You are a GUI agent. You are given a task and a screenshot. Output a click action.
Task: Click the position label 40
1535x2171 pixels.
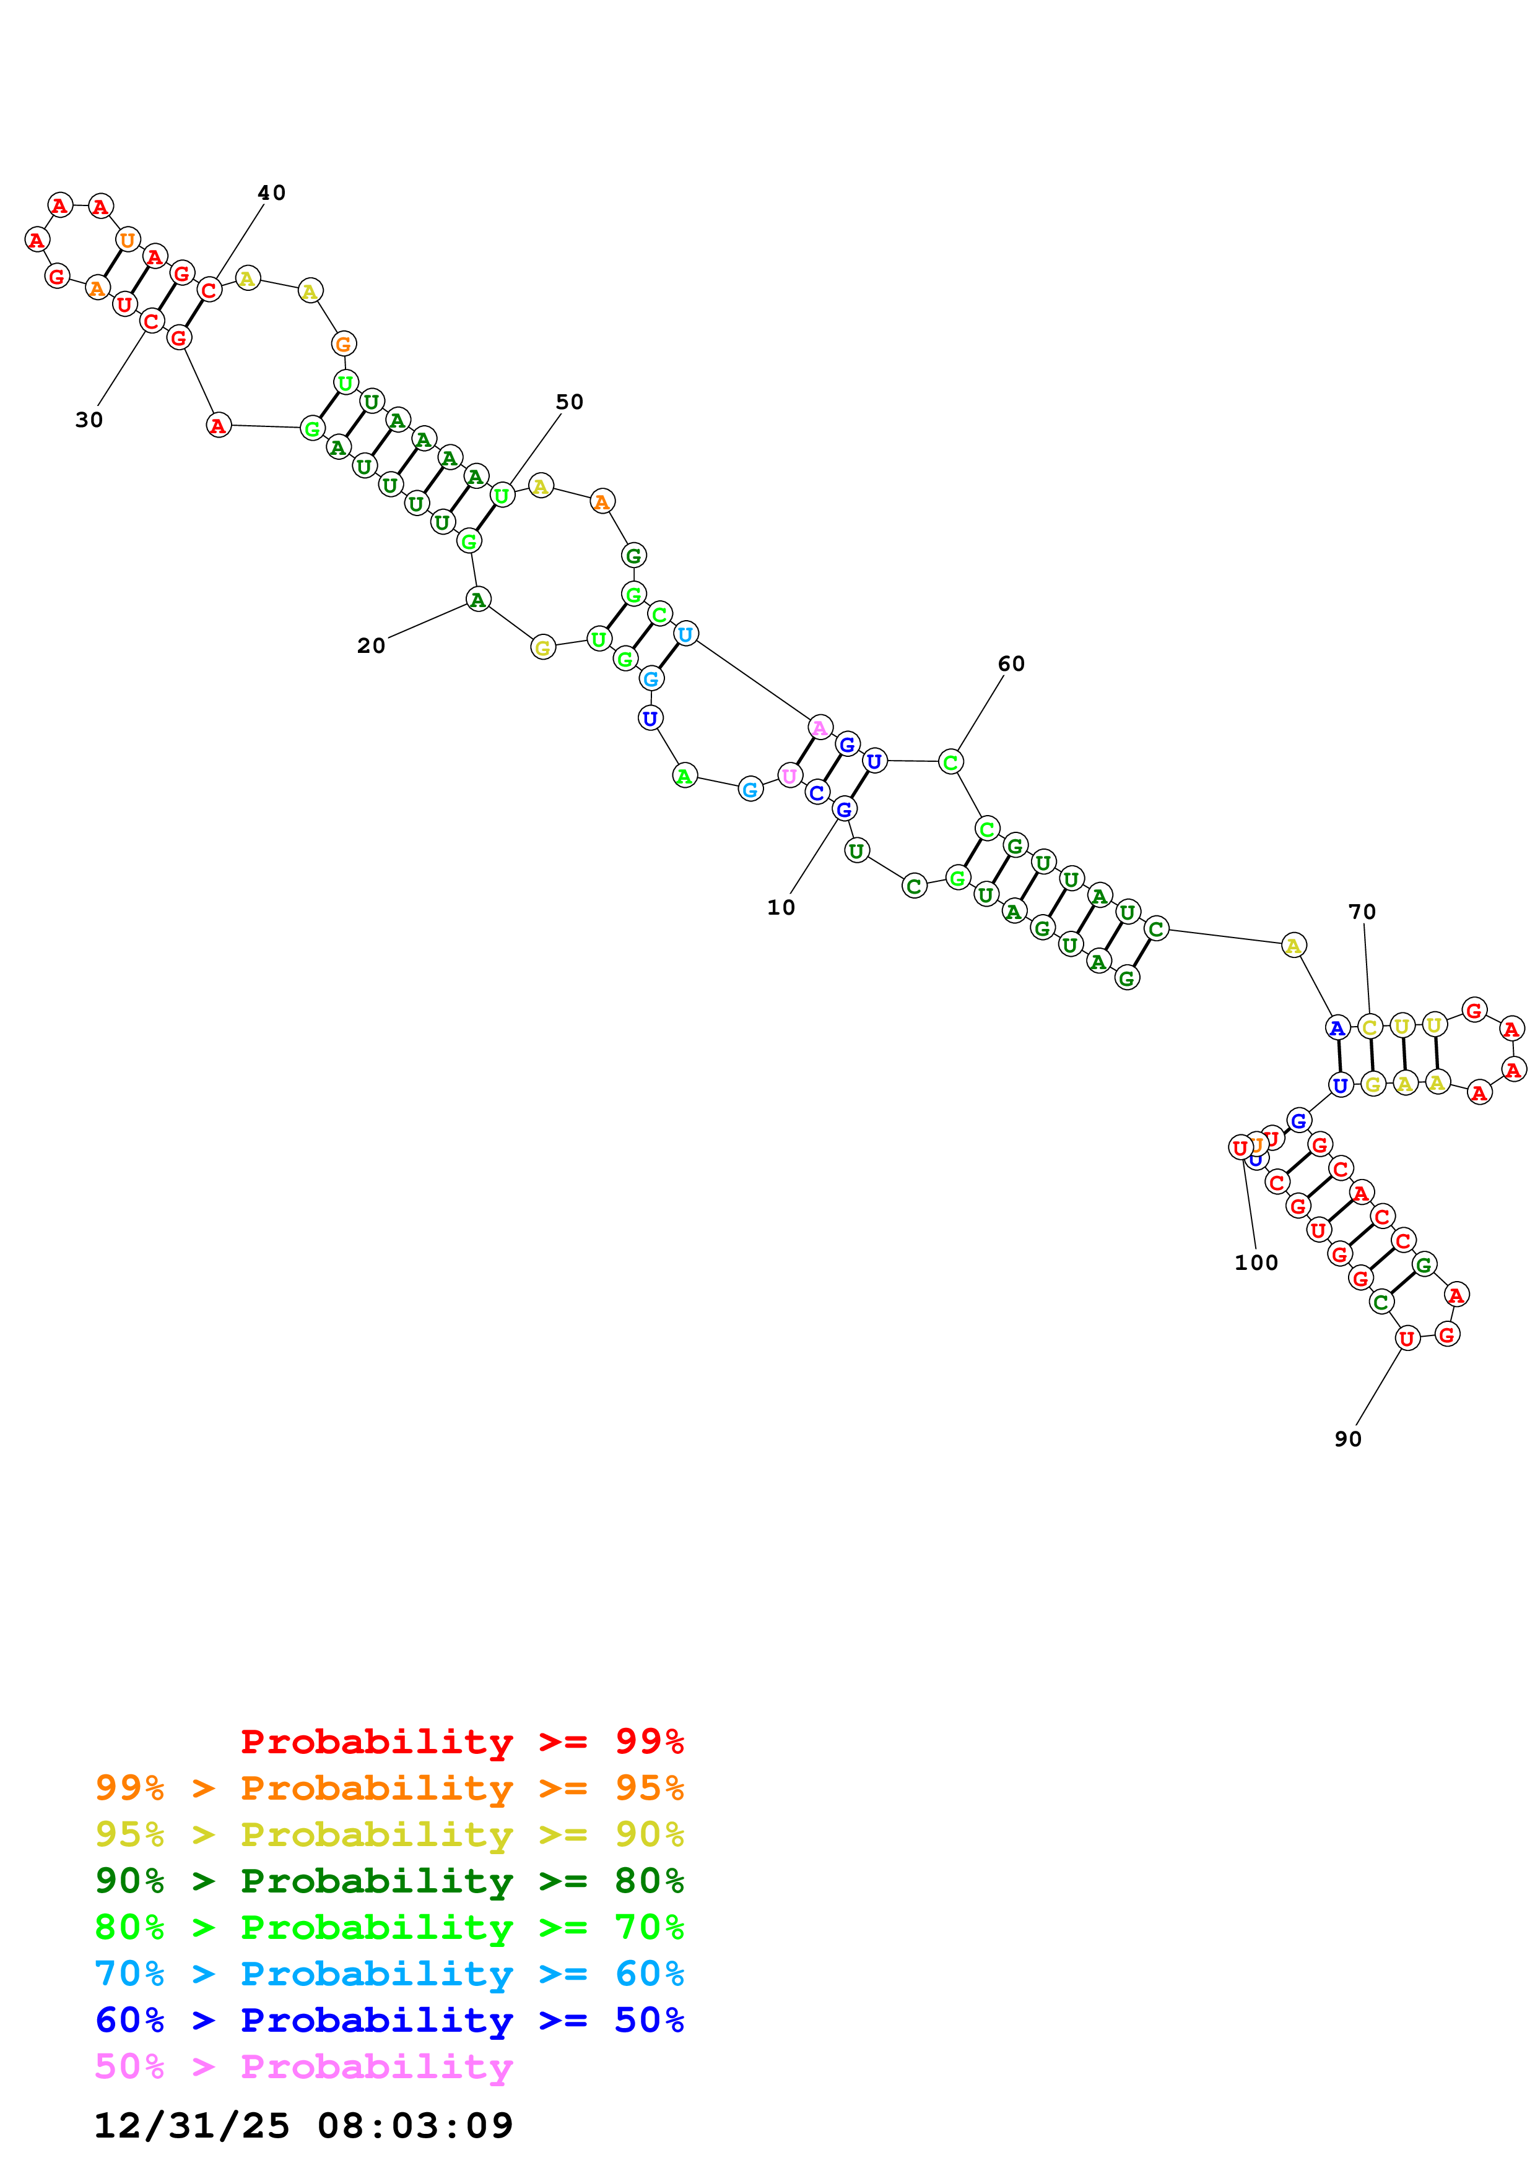[x=271, y=193]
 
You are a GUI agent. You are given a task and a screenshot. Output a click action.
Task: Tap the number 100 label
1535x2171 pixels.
[x=1255, y=1262]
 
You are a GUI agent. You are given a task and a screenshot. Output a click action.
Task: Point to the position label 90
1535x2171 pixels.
[x=1348, y=1438]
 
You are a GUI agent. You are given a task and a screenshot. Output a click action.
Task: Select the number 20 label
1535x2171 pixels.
[x=371, y=646]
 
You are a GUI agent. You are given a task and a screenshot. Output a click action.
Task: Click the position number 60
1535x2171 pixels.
[x=1011, y=664]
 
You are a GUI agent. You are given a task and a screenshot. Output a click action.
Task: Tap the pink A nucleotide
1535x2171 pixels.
[x=820, y=727]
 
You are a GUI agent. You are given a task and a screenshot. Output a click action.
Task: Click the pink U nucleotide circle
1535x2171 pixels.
[x=789, y=775]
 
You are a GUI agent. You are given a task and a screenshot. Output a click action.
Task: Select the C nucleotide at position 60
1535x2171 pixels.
[x=950, y=761]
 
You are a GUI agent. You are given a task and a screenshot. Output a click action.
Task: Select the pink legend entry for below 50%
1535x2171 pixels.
[x=303, y=2066]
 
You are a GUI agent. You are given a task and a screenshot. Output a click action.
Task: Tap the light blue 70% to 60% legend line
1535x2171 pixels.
[x=389, y=1974]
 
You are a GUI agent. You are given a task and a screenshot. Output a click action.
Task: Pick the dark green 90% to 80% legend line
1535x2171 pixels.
[x=389, y=1881]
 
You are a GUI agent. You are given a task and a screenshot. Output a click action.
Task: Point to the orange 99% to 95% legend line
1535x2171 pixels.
[x=389, y=1788]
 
